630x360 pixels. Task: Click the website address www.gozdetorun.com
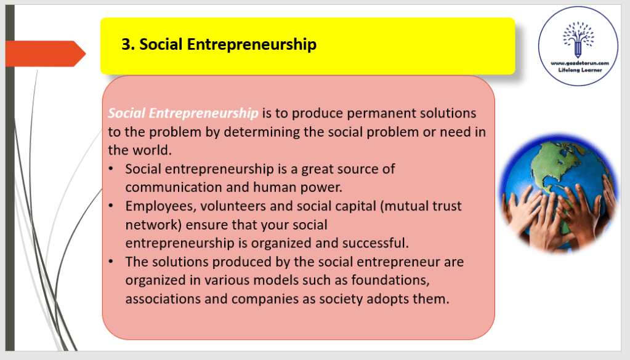580,63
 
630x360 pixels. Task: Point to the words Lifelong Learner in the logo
580,70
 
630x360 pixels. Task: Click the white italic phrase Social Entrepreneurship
184,113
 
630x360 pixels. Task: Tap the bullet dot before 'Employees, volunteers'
111,206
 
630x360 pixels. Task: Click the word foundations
390,280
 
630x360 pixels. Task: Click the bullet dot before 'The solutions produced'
111,262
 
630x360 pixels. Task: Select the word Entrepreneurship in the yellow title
252,44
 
